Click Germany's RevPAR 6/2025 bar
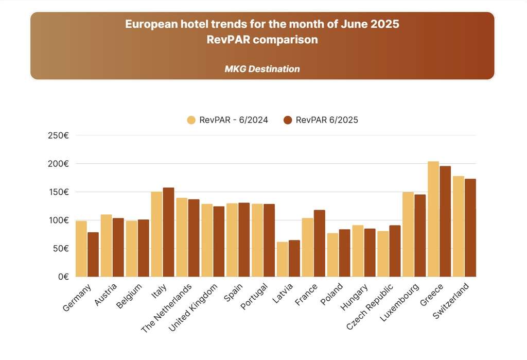click(93, 254)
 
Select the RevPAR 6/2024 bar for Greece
click(433, 219)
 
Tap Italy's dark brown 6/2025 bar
click(169, 232)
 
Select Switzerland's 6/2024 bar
click(459, 226)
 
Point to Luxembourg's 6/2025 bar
click(420, 235)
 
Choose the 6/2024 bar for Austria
click(106, 245)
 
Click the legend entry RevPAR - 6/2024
click(227, 120)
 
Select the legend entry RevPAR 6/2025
click(321, 120)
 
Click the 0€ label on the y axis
click(62, 277)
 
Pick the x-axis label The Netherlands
click(167, 307)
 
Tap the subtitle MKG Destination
click(262, 68)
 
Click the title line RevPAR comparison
click(262, 40)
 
